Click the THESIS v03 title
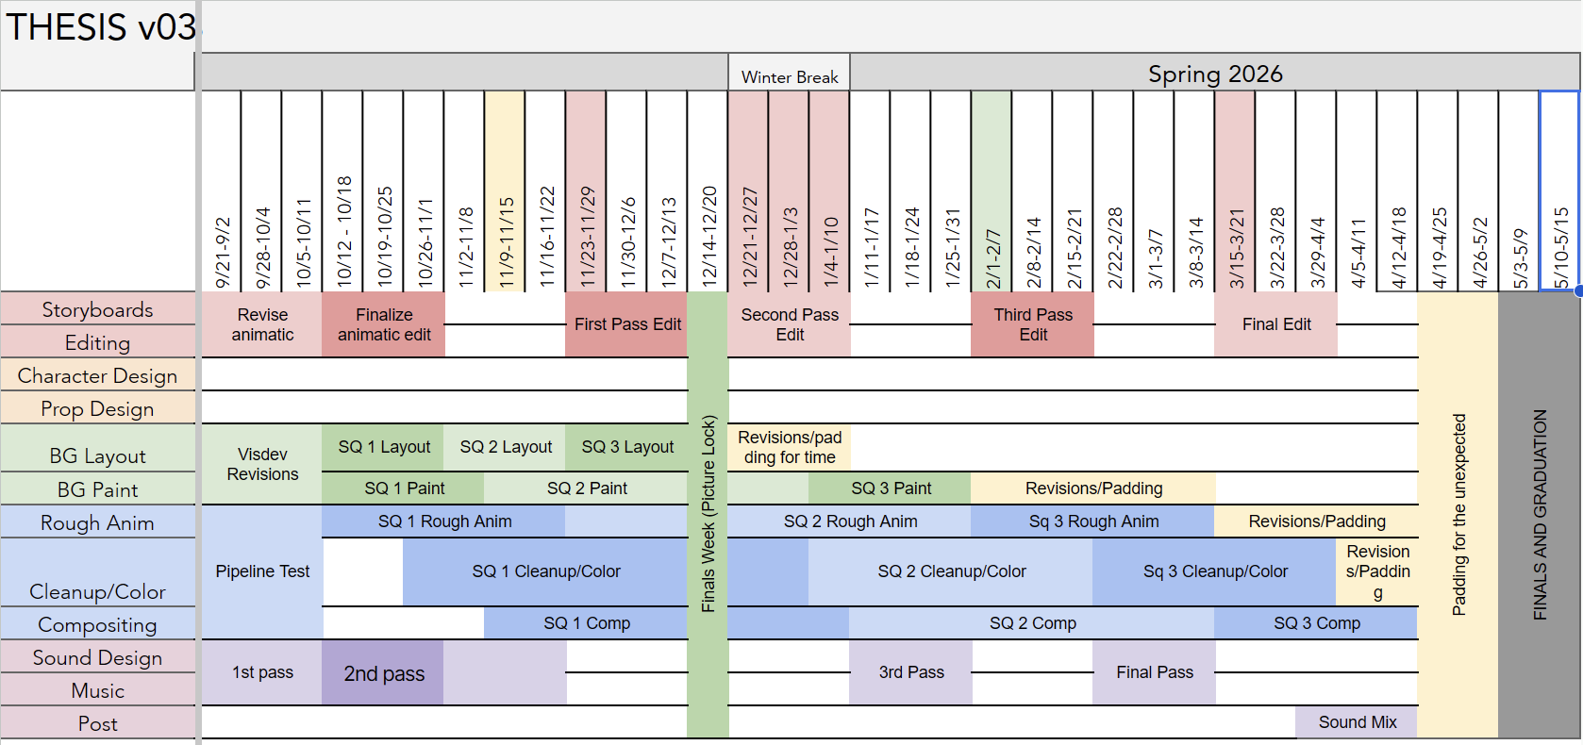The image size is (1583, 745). [x=101, y=27]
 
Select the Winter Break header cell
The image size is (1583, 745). [x=790, y=76]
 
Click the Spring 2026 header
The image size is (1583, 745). [x=1215, y=74]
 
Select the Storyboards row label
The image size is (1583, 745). [x=97, y=309]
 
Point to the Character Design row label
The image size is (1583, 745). [x=97, y=375]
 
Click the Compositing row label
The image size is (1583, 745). [x=97, y=624]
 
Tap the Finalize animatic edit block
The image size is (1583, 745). [x=384, y=324]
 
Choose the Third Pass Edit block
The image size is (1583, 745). [x=1033, y=324]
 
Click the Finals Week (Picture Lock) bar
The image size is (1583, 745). [x=708, y=514]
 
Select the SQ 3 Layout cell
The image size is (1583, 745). [x=627, y=447]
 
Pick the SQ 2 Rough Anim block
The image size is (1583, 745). [x=850, y=521]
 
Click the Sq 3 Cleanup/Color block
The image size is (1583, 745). [x=1215, y=571]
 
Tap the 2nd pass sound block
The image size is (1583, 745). [x=384, y=673]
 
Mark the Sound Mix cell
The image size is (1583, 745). [x=1357, y=722]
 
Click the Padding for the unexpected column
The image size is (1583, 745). [x=1458, y=514]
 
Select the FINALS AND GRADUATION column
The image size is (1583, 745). [x=1540, y=514]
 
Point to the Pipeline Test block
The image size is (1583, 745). [x=262, y=571]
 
